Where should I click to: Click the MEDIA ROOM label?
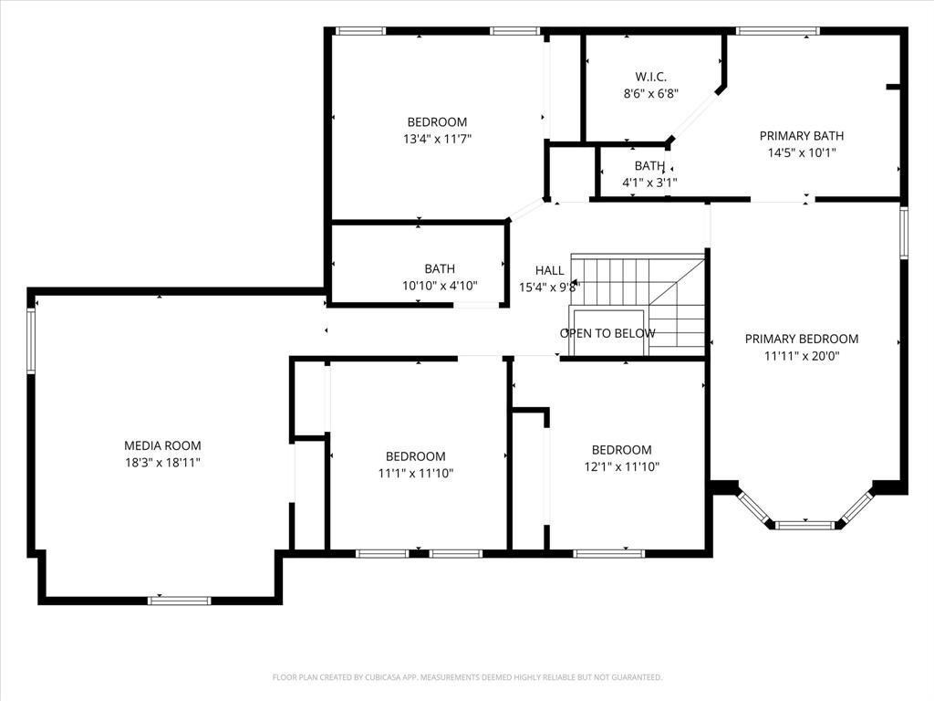click(162, 445)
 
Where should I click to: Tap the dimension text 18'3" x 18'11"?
click(162, 463)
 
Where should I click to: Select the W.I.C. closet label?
click(650, 76)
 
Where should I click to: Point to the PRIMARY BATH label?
click(801, 136)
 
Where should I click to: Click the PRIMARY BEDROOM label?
click(801, 339)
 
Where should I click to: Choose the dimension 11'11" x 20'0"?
click(801, 356)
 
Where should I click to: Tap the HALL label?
click(549, 270)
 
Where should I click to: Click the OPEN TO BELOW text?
click(607, 333)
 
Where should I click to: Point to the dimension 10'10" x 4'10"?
click(440, 286)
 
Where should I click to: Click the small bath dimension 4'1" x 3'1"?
click(649, 183)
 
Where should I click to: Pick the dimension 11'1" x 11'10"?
click(415, 473)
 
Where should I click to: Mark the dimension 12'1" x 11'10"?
click(621, 466)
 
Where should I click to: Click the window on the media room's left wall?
click(31, 340)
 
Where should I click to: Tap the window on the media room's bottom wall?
click(179, 600)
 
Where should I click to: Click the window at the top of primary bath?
click(777, 31)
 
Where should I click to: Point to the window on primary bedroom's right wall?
click(904, 233)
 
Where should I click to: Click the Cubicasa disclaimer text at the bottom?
click(467, 677)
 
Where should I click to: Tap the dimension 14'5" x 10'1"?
click(801, 153)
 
